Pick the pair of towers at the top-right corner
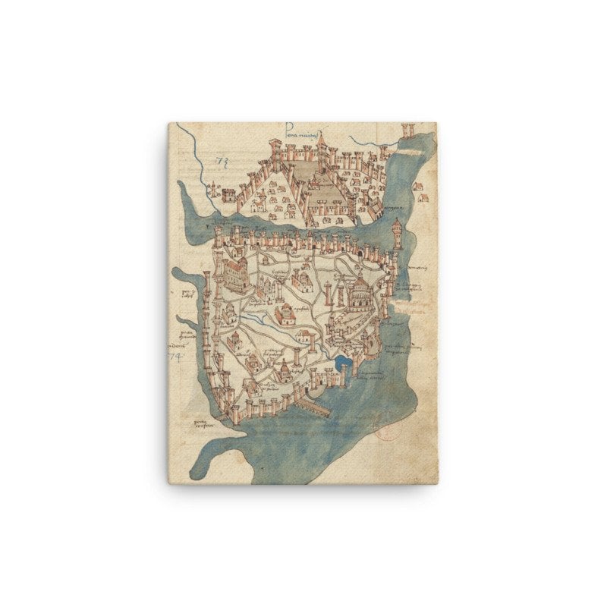(408, 130)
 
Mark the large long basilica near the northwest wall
(235, 275)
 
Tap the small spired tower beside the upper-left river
(215, 190)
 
